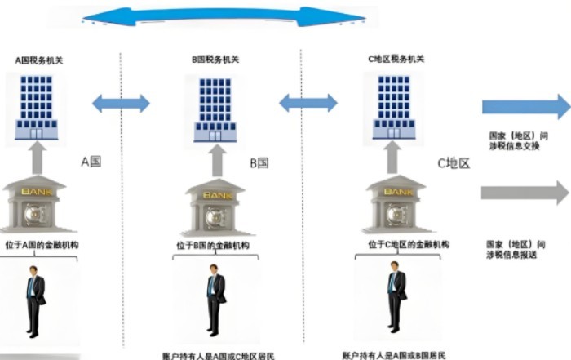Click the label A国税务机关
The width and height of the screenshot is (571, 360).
(x=39, y=60)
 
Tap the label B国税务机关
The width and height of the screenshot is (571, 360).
(x=215, y=60)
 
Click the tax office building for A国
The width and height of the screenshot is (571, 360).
(x=36, y=104)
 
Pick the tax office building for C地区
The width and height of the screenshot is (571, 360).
(x=393, y=105)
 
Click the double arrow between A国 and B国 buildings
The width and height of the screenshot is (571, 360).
(x=121, y=104)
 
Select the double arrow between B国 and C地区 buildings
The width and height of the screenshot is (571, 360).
(x=308, y=103)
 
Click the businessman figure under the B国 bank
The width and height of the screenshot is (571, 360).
(x=215, y=300)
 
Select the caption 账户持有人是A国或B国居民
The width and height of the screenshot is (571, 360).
(x=394, y=355)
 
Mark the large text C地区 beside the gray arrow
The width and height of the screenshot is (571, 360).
(x=454, y=163)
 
